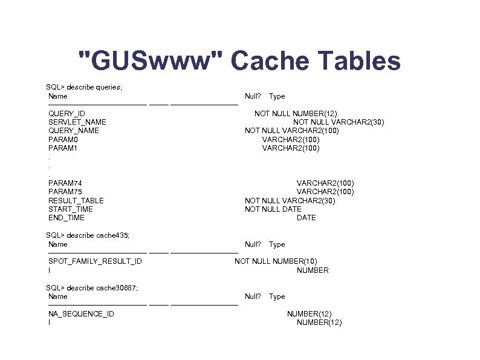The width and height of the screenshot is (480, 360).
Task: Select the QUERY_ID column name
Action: tap(66, 114)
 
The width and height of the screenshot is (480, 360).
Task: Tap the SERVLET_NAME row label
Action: tap(77, 122)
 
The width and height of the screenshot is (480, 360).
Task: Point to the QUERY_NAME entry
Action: tap(74, 131)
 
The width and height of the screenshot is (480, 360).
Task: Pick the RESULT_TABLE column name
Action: tap(76, 201)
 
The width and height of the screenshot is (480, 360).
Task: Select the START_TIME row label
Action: tap(71, 209)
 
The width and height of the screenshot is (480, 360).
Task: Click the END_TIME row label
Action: tap(66, 218)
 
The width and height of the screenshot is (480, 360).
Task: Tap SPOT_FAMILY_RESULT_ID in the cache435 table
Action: tap(96, 261)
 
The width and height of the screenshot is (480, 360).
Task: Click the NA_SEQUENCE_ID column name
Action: tap(81, 314)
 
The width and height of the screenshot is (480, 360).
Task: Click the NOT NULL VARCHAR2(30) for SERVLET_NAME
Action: tap(339, 122)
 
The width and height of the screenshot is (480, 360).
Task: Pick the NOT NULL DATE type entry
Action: tap(273, 209)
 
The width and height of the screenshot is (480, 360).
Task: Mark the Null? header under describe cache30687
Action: tap(253, 296)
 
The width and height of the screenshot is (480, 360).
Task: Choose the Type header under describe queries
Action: tap(277, 96)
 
